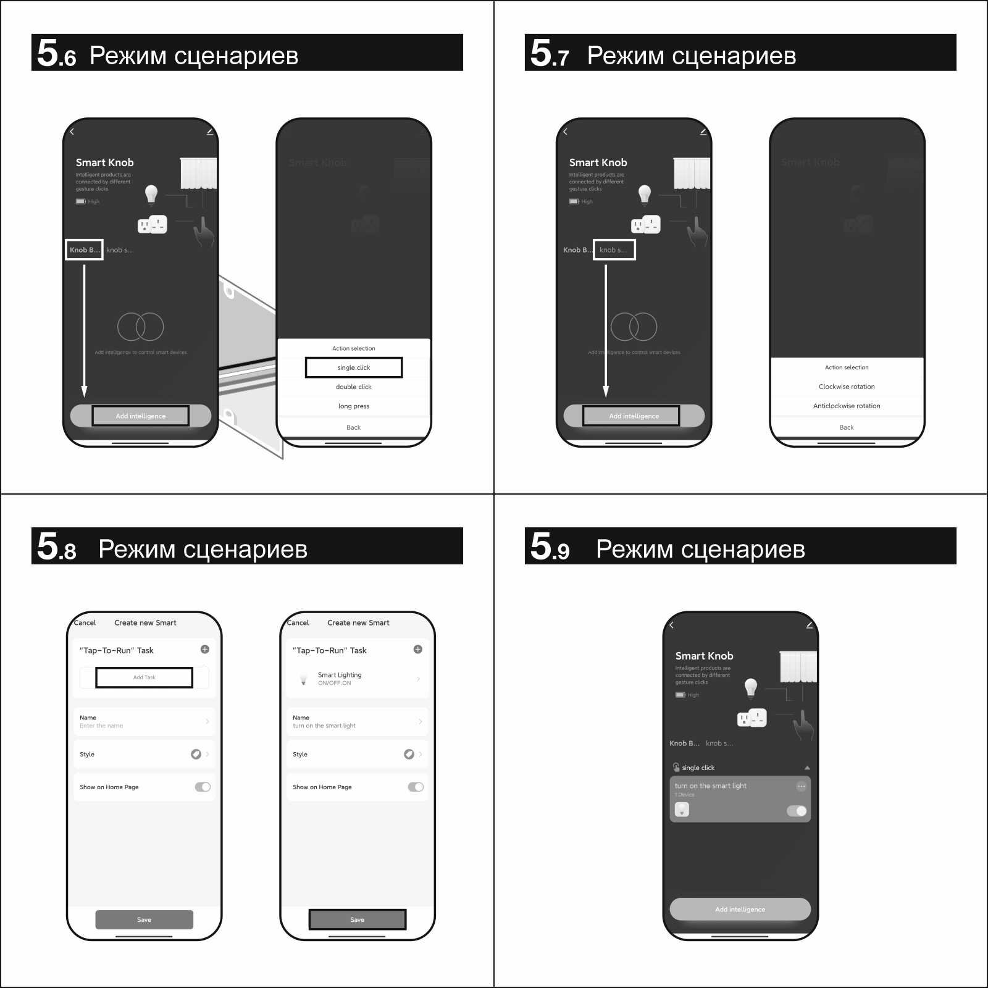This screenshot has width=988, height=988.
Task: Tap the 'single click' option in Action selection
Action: pos(354,367)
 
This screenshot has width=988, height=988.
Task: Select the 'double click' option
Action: pos(354,387)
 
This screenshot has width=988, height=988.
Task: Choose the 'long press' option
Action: pos(354,406)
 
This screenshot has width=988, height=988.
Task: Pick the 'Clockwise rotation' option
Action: pos(847,387)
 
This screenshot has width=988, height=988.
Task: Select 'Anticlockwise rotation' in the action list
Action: pos(847,406)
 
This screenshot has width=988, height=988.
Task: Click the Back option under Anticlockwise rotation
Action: pos(847,427)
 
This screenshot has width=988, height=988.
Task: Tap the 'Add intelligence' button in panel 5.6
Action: pos(141,416)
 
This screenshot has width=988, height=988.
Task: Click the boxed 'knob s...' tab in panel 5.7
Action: pos(614,250)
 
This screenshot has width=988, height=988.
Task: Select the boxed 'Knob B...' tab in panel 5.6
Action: pos(84,250)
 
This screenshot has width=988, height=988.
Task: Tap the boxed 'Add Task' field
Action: pos(144,677)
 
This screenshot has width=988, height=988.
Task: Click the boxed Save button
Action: pos(358,919)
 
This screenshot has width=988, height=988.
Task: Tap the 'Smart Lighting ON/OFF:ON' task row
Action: pos(357,679)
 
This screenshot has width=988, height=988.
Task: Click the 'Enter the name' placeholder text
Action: pos(101,726)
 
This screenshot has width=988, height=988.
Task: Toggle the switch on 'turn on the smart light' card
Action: pos(797,811)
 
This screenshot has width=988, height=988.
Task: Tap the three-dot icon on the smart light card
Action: pos(801,786)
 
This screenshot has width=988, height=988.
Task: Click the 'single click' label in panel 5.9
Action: pos(698,768)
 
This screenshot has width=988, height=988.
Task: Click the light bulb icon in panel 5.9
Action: pos(751,687)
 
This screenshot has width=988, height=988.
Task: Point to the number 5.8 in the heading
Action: pos(56,546)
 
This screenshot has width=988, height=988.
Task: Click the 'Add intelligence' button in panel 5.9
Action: pos(740,909)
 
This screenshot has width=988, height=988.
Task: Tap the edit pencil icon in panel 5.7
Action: pos(703,132)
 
